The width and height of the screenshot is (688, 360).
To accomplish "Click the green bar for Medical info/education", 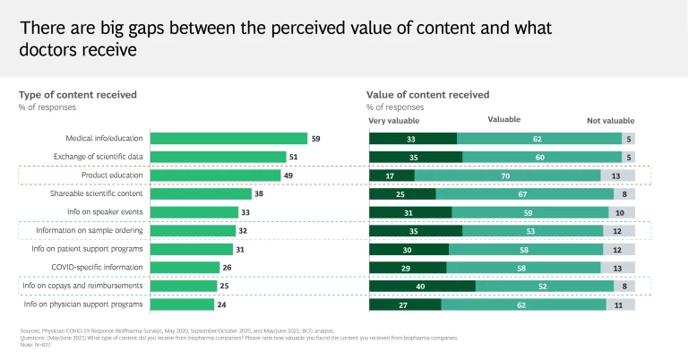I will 228,139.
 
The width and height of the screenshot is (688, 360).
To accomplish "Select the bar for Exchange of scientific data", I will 218,157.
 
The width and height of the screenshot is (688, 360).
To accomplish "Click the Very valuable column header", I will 394,121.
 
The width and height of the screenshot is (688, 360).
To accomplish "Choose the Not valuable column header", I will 610,121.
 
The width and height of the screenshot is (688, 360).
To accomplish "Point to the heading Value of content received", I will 427,94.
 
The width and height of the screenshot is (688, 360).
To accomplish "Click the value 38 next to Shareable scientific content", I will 260,193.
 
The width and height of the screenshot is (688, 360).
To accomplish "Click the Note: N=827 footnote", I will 36,343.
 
